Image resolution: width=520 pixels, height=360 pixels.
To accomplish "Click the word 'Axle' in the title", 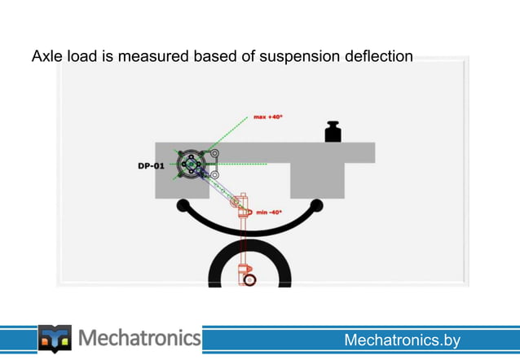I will (x=46, y=57).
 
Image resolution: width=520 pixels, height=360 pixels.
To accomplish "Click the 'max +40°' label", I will (x=267, y=116).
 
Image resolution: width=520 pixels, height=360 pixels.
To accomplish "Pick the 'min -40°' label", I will (x=269, y=212).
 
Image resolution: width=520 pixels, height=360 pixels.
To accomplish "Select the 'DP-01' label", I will (x=151, y=165).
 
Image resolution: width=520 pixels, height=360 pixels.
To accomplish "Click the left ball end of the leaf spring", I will (x=183, y=204).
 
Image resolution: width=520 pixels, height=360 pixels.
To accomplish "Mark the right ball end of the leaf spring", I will (x=316, y=204).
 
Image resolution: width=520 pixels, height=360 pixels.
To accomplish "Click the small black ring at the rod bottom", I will (x=249, y=279).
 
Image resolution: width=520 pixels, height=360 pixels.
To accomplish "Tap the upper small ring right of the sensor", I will (x=214, y=153).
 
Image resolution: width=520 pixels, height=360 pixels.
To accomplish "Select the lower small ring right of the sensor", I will (x=214, y=174).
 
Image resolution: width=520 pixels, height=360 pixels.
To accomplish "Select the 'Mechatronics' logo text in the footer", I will (x=139, y=337).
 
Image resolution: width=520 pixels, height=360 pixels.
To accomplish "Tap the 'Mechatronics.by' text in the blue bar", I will (x=402, y=340).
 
